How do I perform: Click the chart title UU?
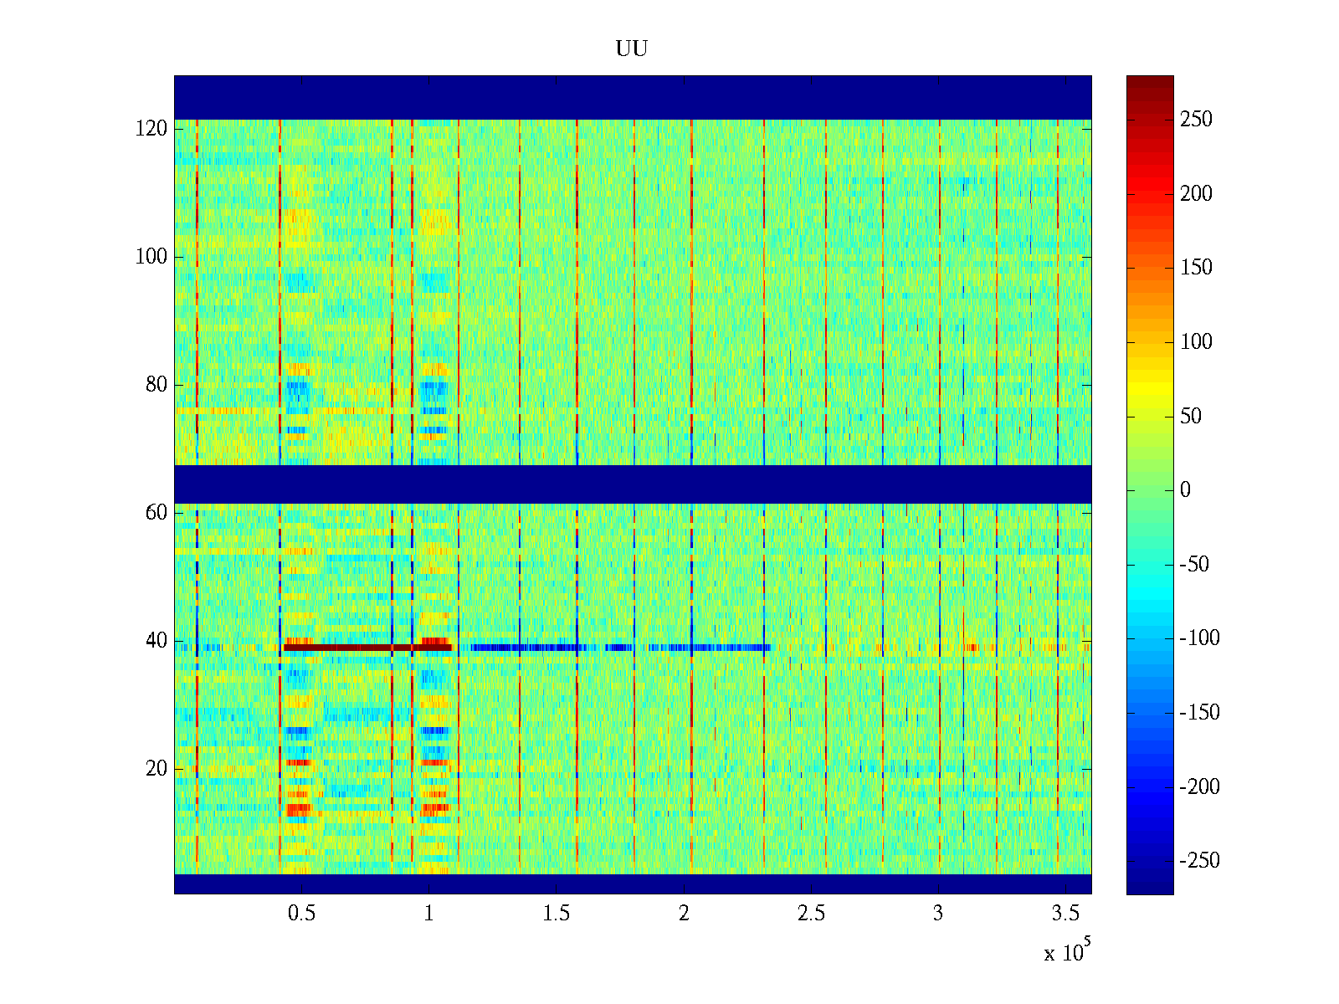coord(632,49)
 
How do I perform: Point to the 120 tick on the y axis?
coord(151,128)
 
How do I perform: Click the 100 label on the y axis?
coord(151,257)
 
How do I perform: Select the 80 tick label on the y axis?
coord(156,385)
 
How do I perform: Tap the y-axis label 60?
coord(156,512)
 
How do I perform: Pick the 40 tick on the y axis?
coord(156,641)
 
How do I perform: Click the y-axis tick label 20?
coord(156,769)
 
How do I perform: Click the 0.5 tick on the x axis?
coord(302,914)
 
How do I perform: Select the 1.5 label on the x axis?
coord(557,914)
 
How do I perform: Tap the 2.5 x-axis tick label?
coord(811,914)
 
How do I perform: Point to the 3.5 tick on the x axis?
coord(1065,914)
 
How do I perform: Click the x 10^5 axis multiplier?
coord(1067,951)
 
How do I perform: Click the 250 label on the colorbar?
coord(1196,120)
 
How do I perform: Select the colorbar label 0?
coord(1185,490)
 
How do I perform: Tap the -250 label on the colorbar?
coord(1199,861)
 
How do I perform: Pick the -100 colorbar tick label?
coord(1199,638)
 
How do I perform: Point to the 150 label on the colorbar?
coord(1196,268)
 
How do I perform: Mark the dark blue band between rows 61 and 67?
coord(633,484)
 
